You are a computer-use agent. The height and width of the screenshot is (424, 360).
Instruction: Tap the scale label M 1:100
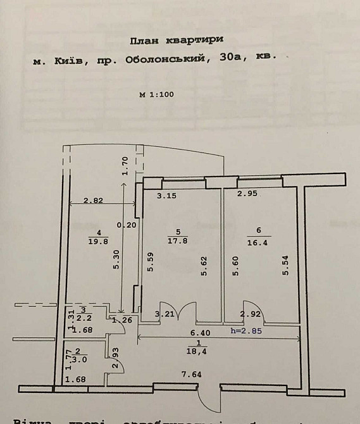[x=156, y=95]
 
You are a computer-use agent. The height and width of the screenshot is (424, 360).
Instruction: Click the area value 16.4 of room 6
[x=258, y=240]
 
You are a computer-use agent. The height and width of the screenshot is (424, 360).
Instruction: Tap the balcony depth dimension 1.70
[x=125, y=166]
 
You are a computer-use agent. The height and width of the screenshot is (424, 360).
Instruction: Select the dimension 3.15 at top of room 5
[x=166, y=196]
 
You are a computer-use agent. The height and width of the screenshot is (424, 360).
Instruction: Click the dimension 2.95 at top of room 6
[x=247, y=194]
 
